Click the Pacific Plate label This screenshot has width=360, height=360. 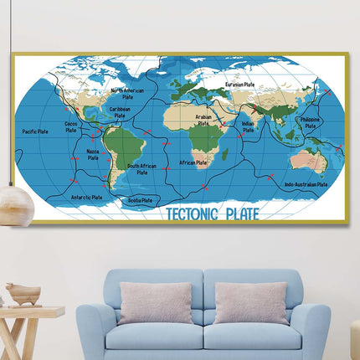tap(35, 131)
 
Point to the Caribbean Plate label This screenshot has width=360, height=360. tap(120, 111)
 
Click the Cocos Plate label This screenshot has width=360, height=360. tap(72, 126)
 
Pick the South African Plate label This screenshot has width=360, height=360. tap(142, 168)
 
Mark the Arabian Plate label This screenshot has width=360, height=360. tap(203, 120)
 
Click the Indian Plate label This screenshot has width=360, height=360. tap(248, 126)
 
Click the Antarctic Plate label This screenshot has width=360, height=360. tap(85, 198)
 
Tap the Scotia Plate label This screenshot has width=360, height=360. tap(140, 200)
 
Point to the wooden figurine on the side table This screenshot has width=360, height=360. tap(23, 294)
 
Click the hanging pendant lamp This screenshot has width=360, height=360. tap(14, 201)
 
